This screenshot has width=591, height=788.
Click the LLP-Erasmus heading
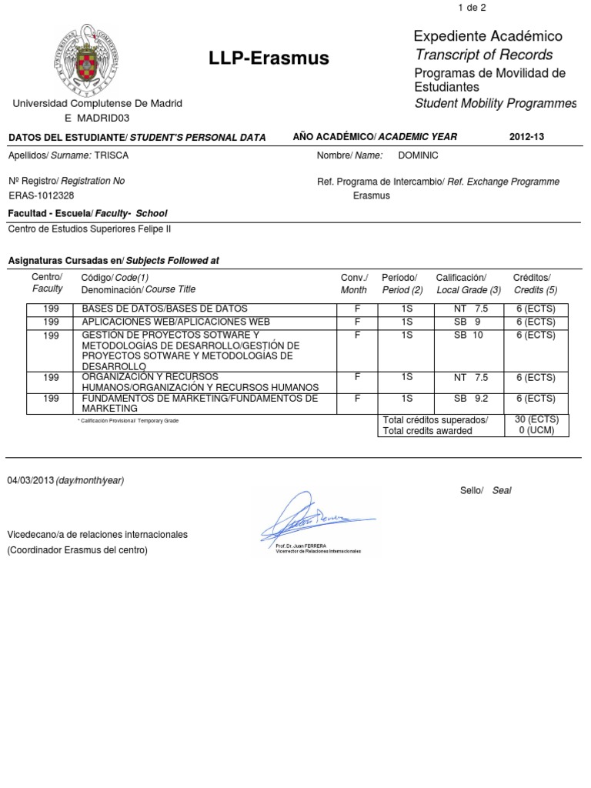[269, 58]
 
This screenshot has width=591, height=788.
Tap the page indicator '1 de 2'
[472, 8]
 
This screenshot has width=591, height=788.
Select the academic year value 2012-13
[526, 137]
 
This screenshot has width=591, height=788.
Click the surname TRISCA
[112, 155]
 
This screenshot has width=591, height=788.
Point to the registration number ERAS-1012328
[41, 195]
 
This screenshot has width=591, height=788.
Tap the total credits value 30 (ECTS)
[537, 419]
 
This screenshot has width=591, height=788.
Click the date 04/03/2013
[30, 480]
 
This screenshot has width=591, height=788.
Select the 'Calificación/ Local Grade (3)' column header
[468, 283]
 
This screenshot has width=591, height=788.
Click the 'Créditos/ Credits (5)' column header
[533, 283]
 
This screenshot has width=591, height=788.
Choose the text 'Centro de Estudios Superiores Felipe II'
[89, 229]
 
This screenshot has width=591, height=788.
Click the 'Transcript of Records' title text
[483, 55]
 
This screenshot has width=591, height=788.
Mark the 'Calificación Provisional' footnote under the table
[128, 421]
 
